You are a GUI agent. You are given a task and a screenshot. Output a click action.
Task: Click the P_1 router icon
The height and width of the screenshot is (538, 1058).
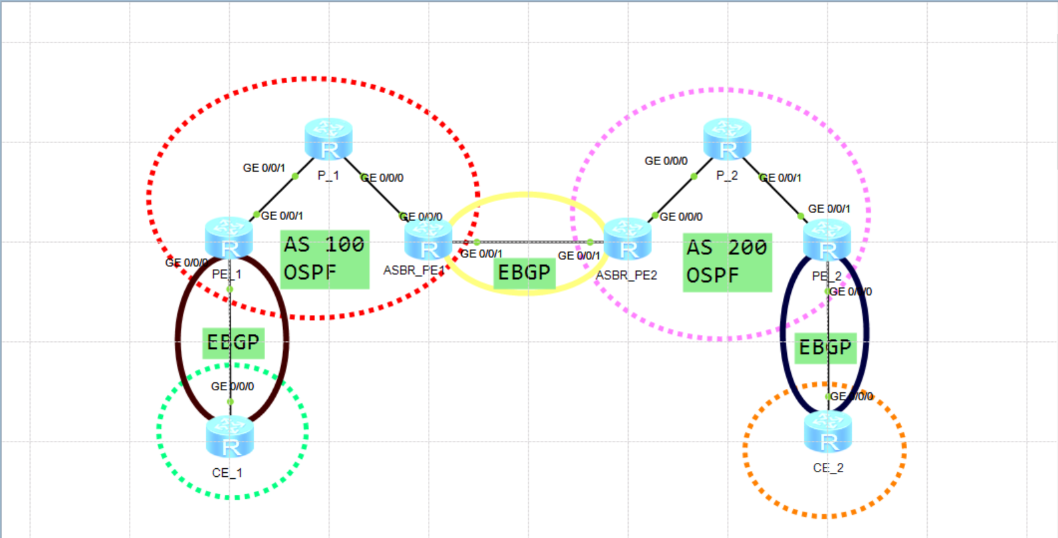tap(328, 139)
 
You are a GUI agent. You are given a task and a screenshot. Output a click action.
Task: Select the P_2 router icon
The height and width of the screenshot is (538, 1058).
tap(727, 139)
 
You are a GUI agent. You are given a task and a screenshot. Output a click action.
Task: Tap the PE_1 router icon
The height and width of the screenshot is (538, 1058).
tap(229, 238)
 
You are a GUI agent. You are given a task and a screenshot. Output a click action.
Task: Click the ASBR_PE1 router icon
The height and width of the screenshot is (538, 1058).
tap(428, 239)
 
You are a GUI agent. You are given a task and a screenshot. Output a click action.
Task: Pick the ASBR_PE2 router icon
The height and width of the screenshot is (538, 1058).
tap(627, 239)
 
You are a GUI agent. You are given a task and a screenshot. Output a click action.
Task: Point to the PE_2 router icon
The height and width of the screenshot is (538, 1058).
tap(827, 240)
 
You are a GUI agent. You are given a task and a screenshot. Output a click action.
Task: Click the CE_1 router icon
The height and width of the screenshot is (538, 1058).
tap(230, 437)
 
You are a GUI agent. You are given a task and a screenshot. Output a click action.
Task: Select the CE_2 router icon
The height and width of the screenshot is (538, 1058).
tap(828, 432)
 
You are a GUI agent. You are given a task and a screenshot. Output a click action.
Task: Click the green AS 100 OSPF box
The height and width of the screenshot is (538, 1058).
tap(324, 259)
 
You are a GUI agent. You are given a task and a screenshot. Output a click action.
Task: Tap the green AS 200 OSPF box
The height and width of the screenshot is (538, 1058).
tap(727, 262)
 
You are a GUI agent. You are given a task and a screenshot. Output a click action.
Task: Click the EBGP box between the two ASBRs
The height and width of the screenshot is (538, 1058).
tap(524, 273)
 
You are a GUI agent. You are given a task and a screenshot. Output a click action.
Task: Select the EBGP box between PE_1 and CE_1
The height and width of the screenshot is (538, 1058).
tap(233, 342)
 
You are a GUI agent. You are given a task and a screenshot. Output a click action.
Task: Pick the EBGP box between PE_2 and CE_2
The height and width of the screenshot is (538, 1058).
tap(825, 348)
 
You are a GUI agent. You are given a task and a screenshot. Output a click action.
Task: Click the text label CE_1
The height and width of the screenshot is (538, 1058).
tap(227, 473)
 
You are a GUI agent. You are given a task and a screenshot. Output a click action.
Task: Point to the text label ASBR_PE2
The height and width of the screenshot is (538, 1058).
tap(626, 275)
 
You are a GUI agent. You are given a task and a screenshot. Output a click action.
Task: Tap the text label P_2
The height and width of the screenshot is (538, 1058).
tap(727, 176)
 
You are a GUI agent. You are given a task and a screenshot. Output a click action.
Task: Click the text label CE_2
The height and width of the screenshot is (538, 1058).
tap(828, 468)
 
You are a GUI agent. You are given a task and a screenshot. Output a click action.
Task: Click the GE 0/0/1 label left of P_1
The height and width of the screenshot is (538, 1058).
tap(264, 168)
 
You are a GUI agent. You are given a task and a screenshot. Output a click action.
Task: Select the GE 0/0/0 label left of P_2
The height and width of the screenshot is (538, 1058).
tap(666, 161)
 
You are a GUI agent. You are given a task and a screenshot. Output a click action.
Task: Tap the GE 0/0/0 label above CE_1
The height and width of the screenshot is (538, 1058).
tap(233, 386)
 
